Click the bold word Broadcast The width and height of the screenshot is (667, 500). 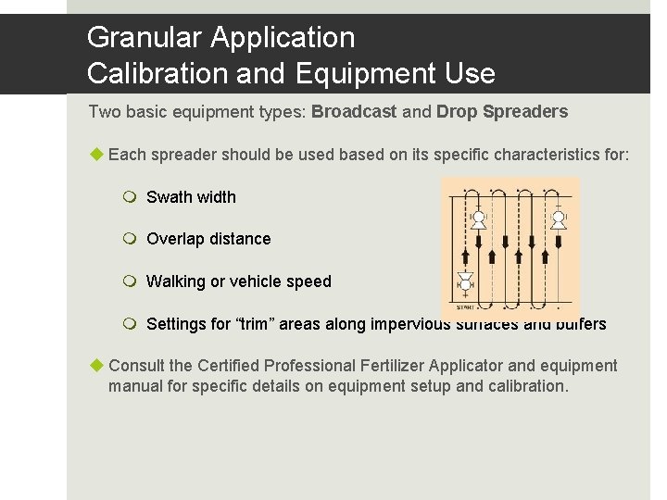click(x=354, y=112)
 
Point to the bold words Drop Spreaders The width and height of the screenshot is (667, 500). click(x=502, y=112)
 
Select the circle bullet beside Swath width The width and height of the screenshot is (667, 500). click(x=130, y=196)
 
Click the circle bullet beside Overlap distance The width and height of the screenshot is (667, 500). click(x=130, y=239)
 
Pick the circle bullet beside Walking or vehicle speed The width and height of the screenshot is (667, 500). click(x=130, y=281)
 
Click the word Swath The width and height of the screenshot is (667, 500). click(x=168, y=197)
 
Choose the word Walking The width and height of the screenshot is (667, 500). click(x=176, y=281)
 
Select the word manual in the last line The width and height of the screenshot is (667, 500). click(x=135, y=386)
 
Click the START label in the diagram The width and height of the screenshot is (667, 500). click(x=466, y=306)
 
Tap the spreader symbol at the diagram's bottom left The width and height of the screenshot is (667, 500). click(x=466, y=284)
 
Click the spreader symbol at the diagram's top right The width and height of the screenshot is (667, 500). click(x=559, y=219)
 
